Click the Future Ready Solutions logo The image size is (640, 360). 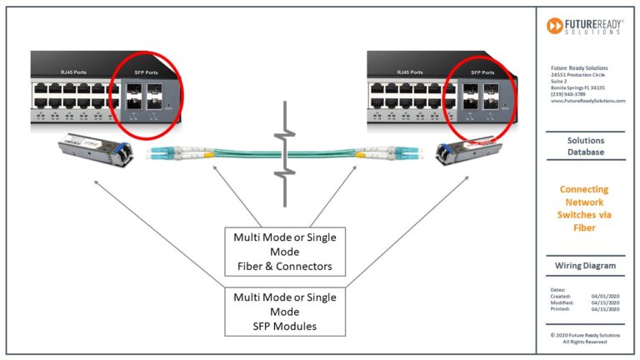pyautogui.click(x=585, y=26)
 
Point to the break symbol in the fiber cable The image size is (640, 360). pyautogui.click(x=286, y=153)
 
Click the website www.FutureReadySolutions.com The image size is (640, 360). pyautogui.click(x=587, y=100)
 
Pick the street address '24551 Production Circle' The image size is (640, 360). pyautogui.click(x=577, y=74)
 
